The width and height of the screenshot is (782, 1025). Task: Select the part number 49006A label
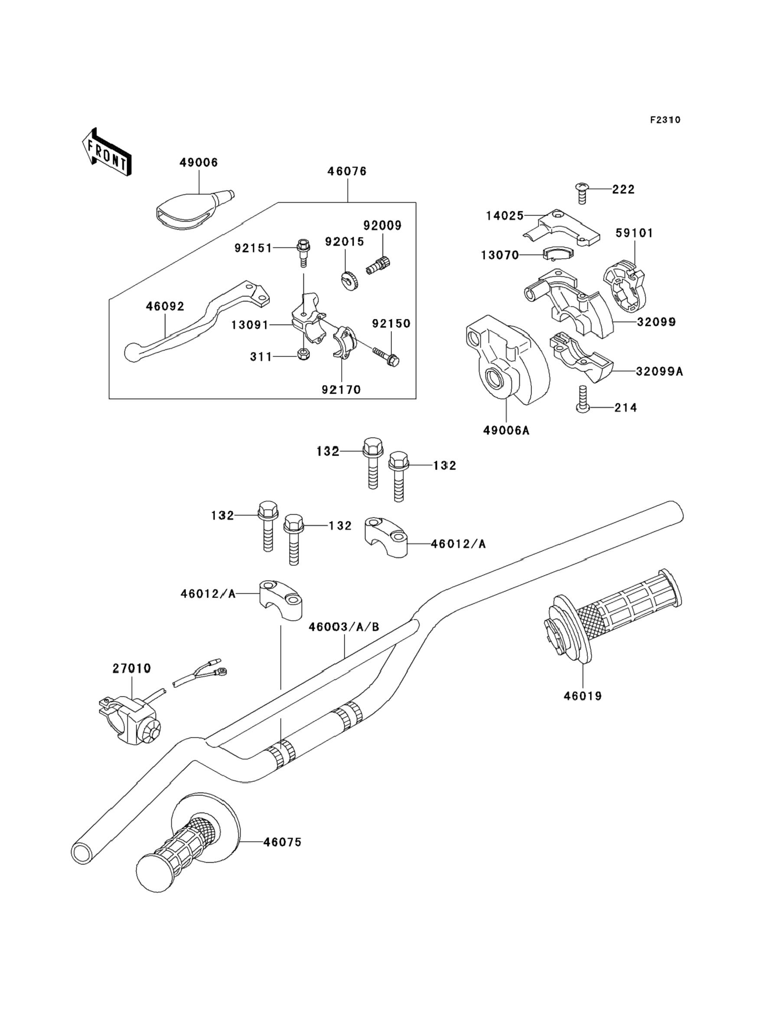pyautogui.click(x=506, y=430)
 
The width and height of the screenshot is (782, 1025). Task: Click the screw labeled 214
pyautogui.click(x=582, y=399)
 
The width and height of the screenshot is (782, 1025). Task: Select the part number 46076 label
pyautogui.click(x=347, y=171)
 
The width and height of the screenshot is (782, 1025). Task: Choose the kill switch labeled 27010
pyautogui.click(x=133, y=722)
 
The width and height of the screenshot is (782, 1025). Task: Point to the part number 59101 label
pyautogui.click(x=634, y=233)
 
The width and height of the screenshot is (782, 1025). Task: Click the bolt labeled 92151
pyautogui.click(x=303, y=252)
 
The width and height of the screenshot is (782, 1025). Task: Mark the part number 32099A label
pyautogui.click(x=660, y=371)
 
